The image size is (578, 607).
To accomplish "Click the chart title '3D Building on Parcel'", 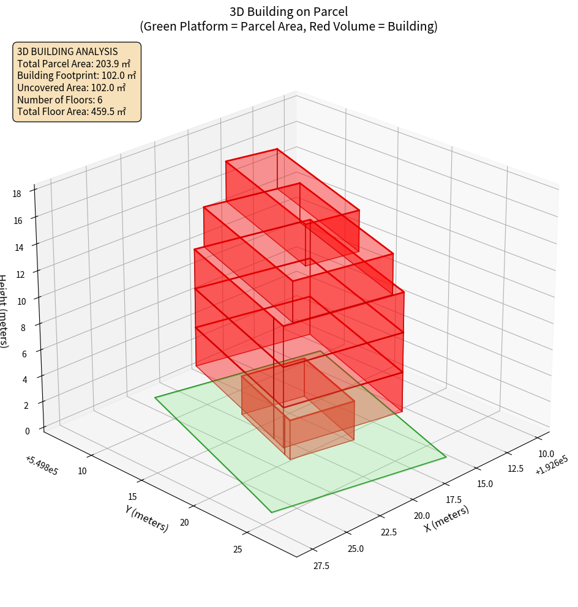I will click(288, 11).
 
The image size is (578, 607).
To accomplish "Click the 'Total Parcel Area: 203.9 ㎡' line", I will click(74, 64).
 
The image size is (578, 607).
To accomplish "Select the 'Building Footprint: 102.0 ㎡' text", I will click(77, 75).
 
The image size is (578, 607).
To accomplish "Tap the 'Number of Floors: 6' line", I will click(60, 100).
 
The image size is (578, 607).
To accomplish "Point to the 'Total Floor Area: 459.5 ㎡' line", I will click(72, 111).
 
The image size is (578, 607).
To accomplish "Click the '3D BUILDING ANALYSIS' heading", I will click(67, 51).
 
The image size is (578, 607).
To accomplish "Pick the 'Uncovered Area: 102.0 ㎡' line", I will click(73, 88).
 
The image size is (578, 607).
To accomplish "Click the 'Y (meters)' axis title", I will click(147, 518).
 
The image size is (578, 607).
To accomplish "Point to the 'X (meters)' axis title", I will click(447, 518).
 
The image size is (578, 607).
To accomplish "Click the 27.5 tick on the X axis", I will click(321, 566).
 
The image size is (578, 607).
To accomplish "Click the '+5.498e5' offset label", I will click(42, 464).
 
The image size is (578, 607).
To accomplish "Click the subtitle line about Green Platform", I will click(288, 26).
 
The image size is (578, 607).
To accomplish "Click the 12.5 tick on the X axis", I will click(516, 468).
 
